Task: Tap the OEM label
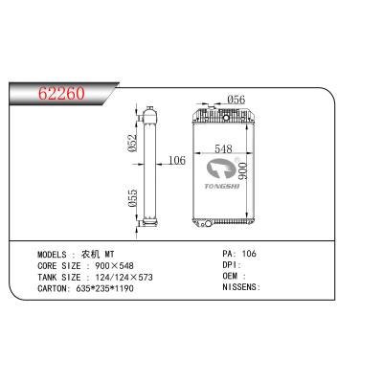coord(233,275)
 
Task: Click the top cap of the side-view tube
coord(149,112)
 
